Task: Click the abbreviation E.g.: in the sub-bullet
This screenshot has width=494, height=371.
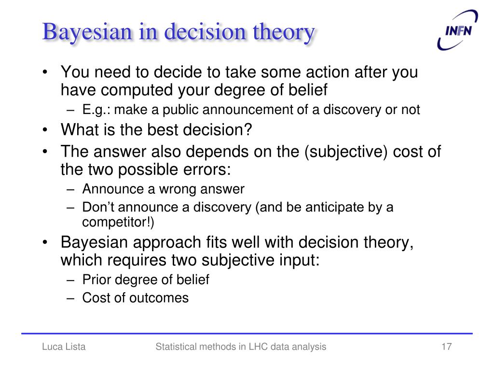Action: (96, 110)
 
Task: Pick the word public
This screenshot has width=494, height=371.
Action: (181, 110)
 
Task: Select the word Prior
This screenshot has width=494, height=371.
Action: (96, 280)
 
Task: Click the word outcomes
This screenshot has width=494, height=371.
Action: (159, 298)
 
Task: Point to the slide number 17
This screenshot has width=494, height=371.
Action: (446, 346)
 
